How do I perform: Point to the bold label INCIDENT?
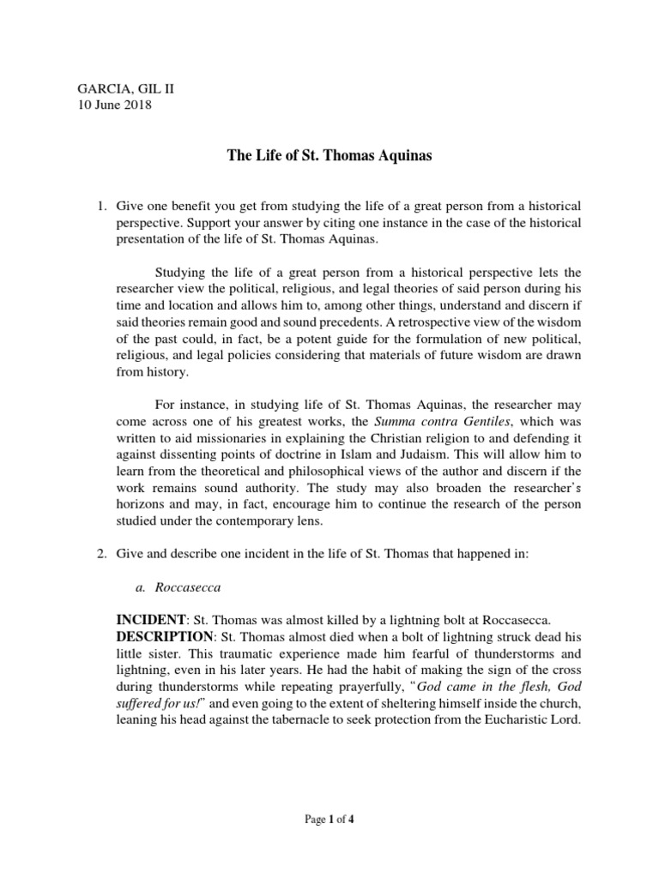click(x=153, y=620)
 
